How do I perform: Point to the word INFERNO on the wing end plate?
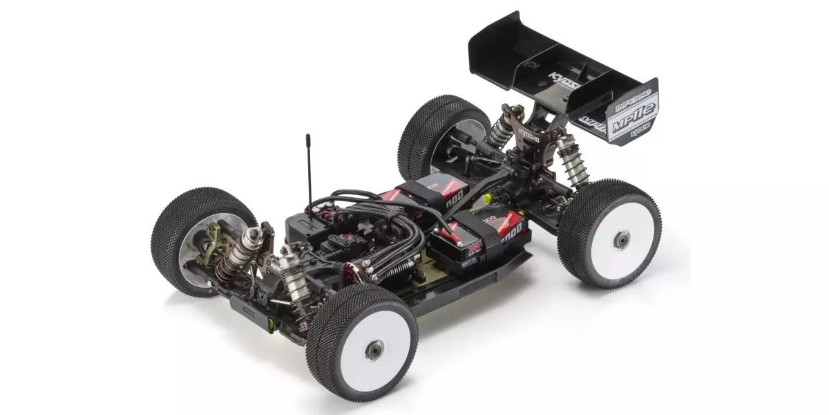pos(629,98)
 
